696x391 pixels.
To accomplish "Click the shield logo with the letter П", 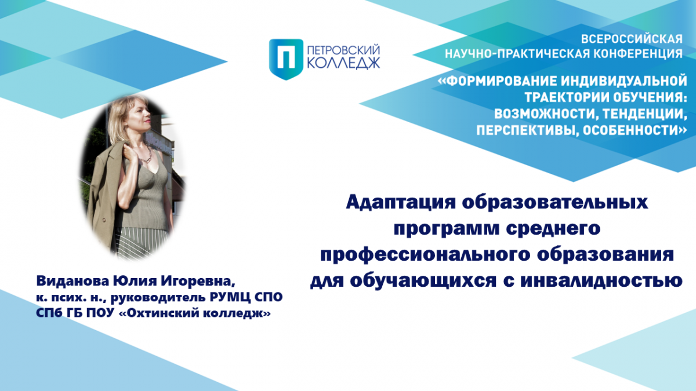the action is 286,59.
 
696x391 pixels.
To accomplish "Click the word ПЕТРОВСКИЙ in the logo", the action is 343,50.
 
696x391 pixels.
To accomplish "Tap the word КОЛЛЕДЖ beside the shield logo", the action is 343,64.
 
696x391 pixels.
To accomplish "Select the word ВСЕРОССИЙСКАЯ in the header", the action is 632,39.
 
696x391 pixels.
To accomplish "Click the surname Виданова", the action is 72,281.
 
